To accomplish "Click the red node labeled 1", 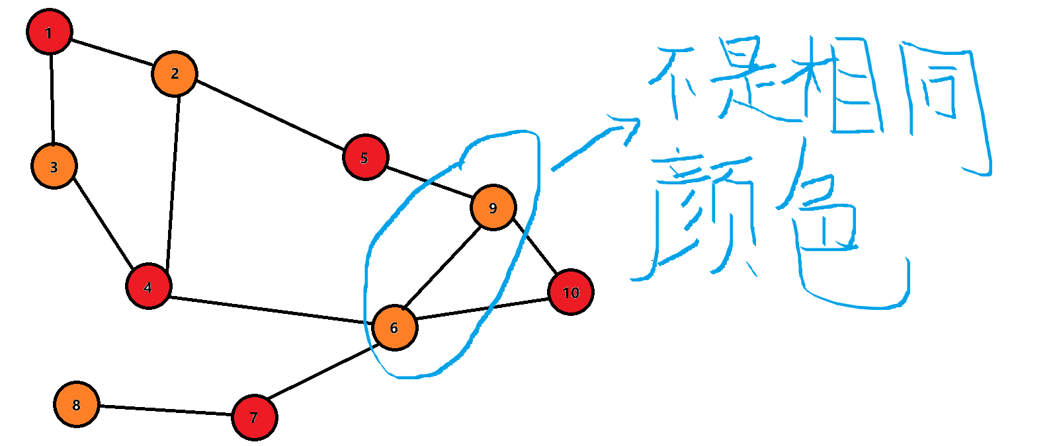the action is pyautogui.click(x=49, y=32).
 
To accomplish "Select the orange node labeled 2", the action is pyautogui.click(x=175, y=73).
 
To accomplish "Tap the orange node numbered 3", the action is pyautogui.click(x=54, y=166).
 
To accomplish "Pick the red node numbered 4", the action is pyautogui.click(x=149, y=287).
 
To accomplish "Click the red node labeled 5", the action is pyautogui.click(x=365, y=157).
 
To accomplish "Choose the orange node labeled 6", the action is pyautogui.click(x=394, y=327).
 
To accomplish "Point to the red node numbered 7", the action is pyautogui.click(x=254, y=417).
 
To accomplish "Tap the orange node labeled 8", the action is pyautogui.click(x=77, y=404).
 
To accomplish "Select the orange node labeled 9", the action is pyautogui.click(x=493, y=207).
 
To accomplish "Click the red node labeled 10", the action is pyautogui.click(x=570, y=292).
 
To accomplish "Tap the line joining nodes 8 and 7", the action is pyautogui.click(x=165, y=410).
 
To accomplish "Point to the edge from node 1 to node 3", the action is pyautogui.click(x=52, y=99).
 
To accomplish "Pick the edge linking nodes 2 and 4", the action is pyautogui.click(x=173, y=182).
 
